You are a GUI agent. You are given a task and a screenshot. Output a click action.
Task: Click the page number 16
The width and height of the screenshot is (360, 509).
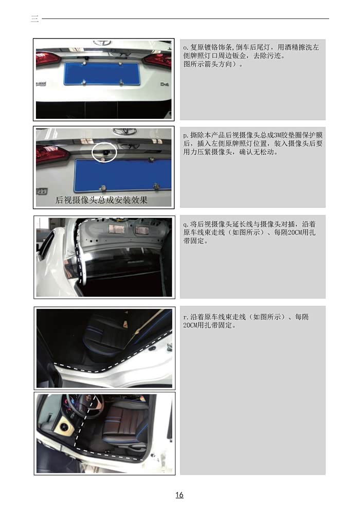(179, 495)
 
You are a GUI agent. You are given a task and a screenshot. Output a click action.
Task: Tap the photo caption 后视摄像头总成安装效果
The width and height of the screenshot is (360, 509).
(101, 201)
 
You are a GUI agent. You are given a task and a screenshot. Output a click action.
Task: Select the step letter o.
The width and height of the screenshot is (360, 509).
(185, 47)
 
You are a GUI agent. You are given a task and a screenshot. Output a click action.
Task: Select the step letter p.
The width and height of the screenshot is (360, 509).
(185, 135)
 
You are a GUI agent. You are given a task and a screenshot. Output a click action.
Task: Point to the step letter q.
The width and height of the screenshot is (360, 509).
(185, 224)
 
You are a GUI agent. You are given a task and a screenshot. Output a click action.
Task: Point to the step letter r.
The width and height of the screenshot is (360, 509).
(185, 317)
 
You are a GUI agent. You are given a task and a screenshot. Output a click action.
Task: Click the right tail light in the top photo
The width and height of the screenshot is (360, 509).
(158, 60)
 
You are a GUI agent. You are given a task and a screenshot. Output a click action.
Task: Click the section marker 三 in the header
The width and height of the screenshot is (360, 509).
(34, 19)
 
